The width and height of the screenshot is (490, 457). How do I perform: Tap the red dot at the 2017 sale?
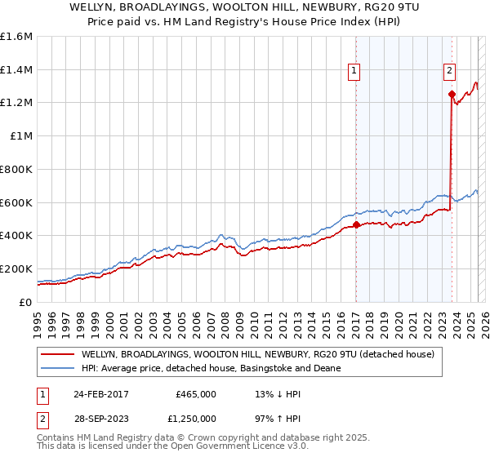pyautogui.click(x=356, y=224)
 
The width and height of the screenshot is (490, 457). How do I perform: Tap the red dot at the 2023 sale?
pyautogui.click(x=452, y=94)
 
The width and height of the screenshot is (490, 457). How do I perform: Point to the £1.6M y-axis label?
pyautogui.click(x=16, y=37)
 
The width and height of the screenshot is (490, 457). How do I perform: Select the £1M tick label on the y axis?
pyautogui.click(x=21, y=136)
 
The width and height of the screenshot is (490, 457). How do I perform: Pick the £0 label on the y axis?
pyautogui.click(x=26, y=302)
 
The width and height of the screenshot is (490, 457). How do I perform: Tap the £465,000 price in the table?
pyautogui.click(x=196, y=393)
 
